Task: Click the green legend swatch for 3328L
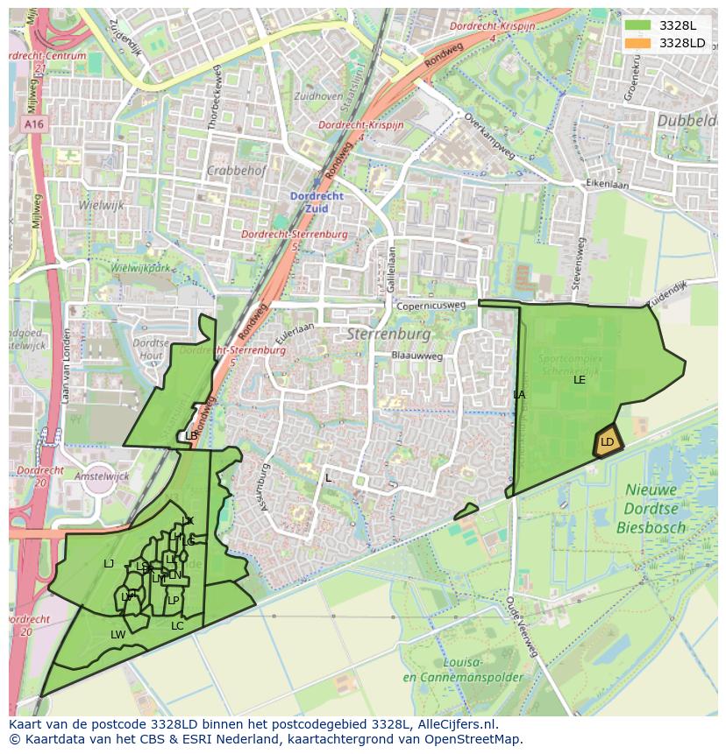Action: coord(638,25)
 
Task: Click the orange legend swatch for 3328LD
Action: coord(638,43)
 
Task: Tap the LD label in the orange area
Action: coord(607,442)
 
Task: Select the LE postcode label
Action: coord(580,380)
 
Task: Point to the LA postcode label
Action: coord(519,395)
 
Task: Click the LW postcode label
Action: coord(117,634)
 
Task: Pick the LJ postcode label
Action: coord(109,564)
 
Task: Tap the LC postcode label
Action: coord(177,625)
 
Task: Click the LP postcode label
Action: coord(174,601)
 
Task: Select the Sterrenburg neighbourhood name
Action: coord(388,335)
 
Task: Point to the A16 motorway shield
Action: coord(34,125)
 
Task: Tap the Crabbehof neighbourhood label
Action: coord(237,171)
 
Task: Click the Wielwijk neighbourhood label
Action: coord(101,206)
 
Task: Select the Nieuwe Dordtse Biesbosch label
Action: coord(657,508)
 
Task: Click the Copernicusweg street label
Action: coord(431,307)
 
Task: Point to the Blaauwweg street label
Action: coord(417,356)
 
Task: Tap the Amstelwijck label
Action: coord(102,476)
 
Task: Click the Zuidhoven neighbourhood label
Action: coord(319,95)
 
